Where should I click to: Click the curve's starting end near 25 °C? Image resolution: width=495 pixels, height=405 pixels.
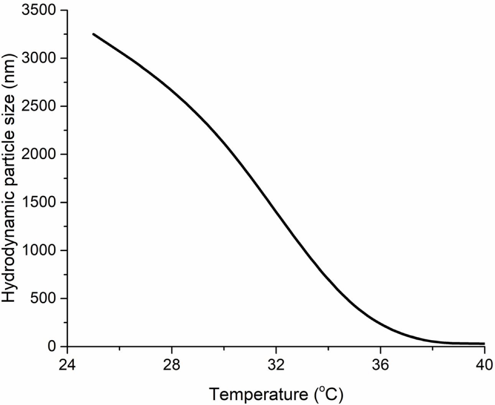pyautogui.click(x=94, y=34)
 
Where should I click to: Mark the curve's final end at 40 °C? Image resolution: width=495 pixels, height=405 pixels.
pyautogui.click(x=484, y=344)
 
